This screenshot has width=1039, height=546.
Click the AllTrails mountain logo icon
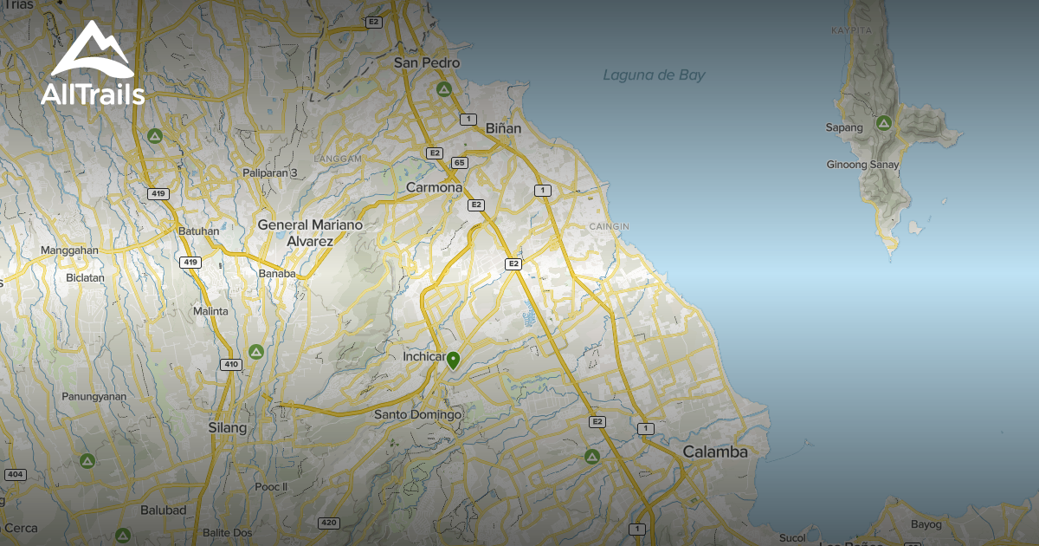[92, 49]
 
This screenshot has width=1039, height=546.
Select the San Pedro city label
[427, 63]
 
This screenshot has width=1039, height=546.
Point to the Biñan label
[503, 128]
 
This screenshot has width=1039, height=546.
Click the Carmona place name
[435, 188]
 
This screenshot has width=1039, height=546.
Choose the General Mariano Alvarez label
[310, 233]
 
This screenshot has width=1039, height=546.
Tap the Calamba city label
[714, 452]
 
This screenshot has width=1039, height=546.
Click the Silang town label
[228, 428]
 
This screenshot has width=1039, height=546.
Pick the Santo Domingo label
[417, 415]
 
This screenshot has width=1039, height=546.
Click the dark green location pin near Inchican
[453, 360]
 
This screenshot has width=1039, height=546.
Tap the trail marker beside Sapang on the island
[884, 123]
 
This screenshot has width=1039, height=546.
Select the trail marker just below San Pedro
[444, 89]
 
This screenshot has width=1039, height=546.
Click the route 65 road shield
[460, 162]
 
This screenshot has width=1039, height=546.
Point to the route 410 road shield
[230, 364]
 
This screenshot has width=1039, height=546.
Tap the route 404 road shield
[15, 475]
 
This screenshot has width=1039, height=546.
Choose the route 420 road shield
[328, 523]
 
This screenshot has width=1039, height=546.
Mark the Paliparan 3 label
[270, 173]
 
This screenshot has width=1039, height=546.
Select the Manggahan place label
[70, 251]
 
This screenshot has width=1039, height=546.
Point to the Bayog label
[926, 524]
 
